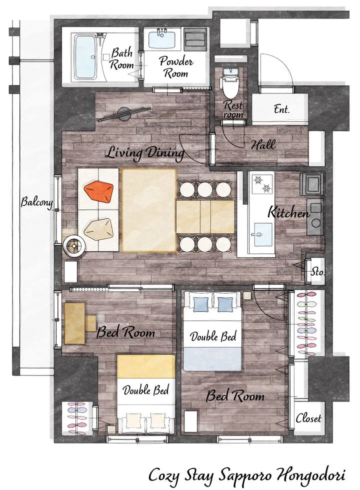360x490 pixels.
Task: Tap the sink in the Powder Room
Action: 161,39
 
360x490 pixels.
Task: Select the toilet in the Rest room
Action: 230,82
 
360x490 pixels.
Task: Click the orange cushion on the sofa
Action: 98,191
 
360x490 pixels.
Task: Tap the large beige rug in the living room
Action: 149,210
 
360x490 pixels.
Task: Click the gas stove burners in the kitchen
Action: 262,184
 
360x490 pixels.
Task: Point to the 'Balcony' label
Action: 36,202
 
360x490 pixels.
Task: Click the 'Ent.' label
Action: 282,109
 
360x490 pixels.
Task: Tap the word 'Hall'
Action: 263,145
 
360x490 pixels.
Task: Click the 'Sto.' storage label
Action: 317,272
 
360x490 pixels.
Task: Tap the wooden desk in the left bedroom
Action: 75,323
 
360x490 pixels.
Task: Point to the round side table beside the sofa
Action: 73,246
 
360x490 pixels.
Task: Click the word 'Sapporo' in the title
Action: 243,476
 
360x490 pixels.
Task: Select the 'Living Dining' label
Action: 145,153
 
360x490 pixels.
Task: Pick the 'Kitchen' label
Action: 288,213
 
